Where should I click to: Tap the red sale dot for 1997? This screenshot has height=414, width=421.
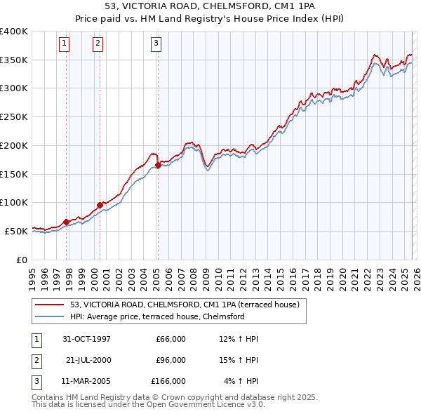coord(67,222)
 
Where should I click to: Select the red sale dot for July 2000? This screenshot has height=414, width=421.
coord(100,205)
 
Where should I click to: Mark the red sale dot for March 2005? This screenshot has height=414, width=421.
coord(158,166)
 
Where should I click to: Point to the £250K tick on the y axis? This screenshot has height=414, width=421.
coord(14,117)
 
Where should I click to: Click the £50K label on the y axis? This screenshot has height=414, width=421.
coord(16,231)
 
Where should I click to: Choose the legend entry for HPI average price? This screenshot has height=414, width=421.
coord(156,316)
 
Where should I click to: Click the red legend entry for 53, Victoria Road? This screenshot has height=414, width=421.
coord(185,305)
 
